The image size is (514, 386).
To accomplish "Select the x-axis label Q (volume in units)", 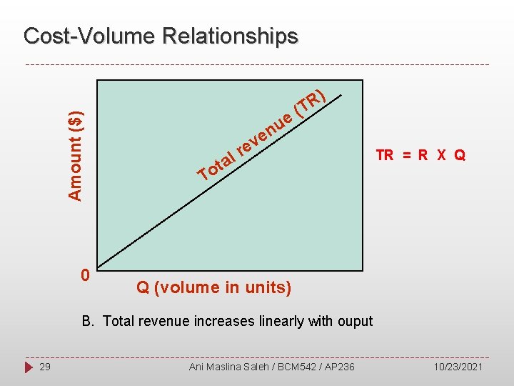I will [213, 287].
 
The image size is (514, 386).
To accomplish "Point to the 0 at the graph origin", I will [84, 275].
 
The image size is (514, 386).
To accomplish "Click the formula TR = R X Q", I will [420, 155].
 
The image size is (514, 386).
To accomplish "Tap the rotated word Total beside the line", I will [216, 165].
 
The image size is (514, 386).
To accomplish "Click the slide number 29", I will [45, 367].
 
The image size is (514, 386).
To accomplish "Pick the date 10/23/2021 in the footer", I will [458, 367].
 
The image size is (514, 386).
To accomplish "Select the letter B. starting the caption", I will [89, 321].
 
